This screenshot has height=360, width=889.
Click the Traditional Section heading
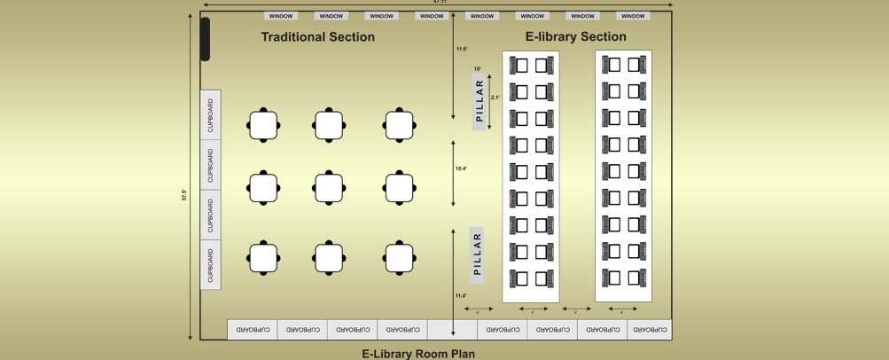click(x=317, y=37)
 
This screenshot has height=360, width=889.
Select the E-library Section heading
click(x=575, y=37)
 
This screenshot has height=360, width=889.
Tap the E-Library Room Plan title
click(x=418, y=354)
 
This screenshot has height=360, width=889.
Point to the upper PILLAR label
click(x=479, y=104)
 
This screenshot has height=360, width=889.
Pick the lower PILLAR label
click(x=479, y=253)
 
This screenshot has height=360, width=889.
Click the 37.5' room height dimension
click(x=184, y=195)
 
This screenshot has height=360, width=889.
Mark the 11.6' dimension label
click(x=461, y=49)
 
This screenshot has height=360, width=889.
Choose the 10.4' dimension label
click(x=461, y=168)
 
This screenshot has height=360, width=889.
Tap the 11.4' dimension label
click(x=461, y=295)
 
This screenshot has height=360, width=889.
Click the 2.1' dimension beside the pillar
click(x=496, y=98)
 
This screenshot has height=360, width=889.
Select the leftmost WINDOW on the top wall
click(x=281, y=16)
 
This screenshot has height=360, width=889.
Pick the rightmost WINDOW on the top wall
click(x=633, y=16)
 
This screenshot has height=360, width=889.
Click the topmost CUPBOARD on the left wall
click(x=210, y=114)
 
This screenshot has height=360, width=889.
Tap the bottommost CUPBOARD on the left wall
click(x=210, y=263)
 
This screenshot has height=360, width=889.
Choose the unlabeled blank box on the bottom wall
click(x=452, y=329)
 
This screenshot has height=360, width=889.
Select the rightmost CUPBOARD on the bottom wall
click(x=649, y=329)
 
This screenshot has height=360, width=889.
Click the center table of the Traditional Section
click(x=329, y=187)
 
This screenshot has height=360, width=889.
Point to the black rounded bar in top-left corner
click(x=206, y=39)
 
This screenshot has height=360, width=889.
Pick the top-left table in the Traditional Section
click(x=264, y=125)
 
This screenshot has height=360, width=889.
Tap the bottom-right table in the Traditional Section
click(x=400, y=257)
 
